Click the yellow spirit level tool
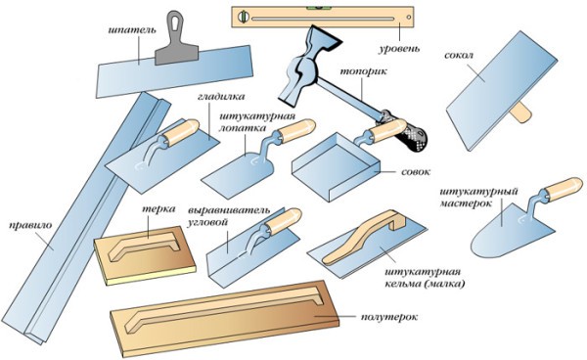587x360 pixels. point(302,17)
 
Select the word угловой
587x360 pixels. point(206,222)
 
